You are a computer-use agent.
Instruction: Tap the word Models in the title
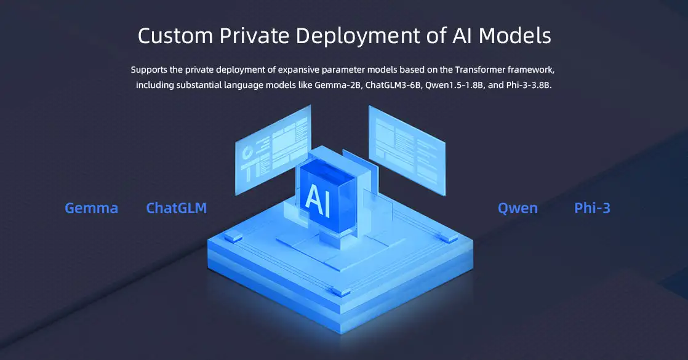tap(514, 36)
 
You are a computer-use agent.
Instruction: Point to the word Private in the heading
tap(252, 36)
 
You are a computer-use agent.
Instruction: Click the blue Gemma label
tap(91, 208)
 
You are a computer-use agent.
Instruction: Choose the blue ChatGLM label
tap(176, 208)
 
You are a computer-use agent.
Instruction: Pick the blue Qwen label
tap(518, 208)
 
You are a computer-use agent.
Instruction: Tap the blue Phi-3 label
tap(592, 208)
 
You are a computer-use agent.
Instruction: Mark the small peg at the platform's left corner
tap(232, 236)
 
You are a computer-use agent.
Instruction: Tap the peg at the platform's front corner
tap(338, 290)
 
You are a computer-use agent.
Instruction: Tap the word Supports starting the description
tap(149, 70)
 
